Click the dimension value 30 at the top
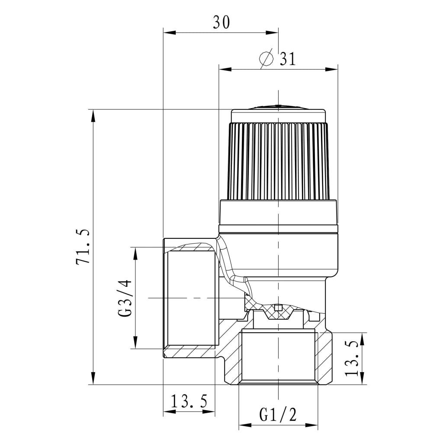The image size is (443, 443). point(221,22)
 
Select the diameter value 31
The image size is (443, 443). point(288,59)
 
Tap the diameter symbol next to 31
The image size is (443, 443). point(266,58)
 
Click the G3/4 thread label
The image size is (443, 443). point(125,298)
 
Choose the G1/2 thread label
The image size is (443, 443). point(278,415)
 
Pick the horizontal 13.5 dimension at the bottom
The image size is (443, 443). point(189,401)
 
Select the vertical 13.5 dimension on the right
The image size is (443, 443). point(352,359)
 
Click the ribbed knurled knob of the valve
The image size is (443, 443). point(278,161)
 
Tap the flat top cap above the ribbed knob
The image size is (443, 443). point(278,115)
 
